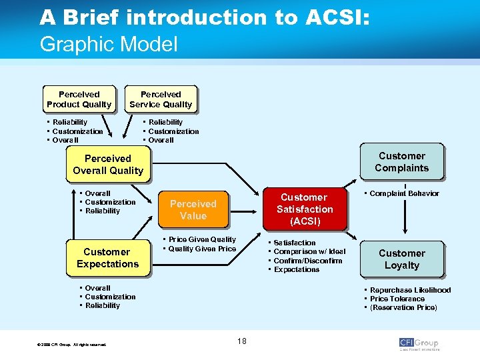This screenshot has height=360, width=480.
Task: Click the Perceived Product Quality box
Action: click(x=79, y=99)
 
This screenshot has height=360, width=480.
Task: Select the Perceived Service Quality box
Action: click(x=161, y=99)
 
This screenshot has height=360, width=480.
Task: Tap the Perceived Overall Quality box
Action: click(x=108, y=165)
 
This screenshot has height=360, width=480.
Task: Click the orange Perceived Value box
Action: click(x=193, y=210)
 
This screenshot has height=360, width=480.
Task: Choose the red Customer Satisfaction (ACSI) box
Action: click(x=304, y=209)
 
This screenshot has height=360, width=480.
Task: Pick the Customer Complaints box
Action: click(x=401, y=162)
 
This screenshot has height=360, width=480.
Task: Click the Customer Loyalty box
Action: click(x=401, y=259)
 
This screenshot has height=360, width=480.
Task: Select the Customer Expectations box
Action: click(x=107, y=258)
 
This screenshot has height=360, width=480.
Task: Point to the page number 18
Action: click(x=241, y=341)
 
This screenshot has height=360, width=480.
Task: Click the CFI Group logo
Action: click(x=419, y=343)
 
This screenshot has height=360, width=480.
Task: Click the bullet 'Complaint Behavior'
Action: click(x=404, y=193)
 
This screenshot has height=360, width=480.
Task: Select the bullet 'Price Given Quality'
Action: click(x=201, y=239)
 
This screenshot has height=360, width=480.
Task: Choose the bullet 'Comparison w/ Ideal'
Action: click(x=309, y=251)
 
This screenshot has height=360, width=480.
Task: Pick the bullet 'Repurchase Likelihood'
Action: click(x=410, y=290)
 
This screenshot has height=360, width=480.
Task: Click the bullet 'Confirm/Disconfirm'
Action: click(x=307, y=261)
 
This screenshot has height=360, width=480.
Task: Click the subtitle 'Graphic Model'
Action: click(x=109, y=45)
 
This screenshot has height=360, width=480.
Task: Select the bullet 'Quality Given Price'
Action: click(x=201, y=249)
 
